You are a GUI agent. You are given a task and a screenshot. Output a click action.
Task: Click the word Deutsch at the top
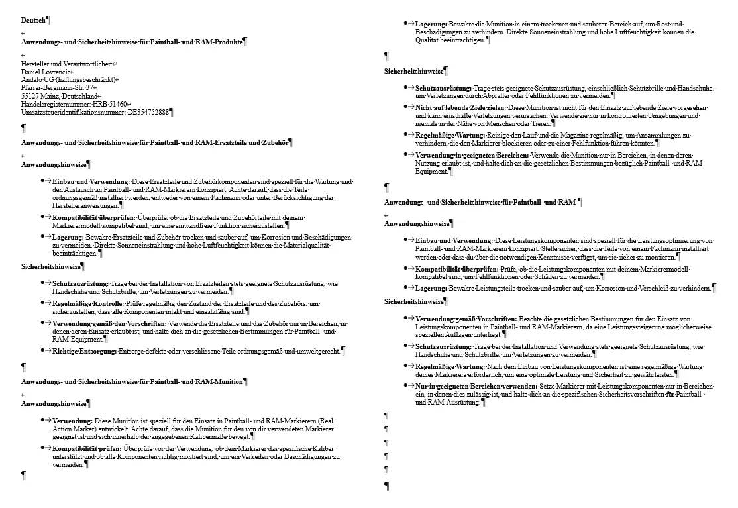[34, 20]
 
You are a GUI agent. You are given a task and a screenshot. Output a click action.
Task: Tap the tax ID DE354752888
[148, 112]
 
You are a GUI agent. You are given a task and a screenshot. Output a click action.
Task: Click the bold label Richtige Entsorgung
[83, 351]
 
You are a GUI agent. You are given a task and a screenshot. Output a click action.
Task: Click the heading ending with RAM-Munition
[133, 381]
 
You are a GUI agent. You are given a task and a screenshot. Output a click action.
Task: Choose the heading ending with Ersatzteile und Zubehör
[156, 142]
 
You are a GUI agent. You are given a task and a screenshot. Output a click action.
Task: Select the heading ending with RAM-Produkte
[133, 42]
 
